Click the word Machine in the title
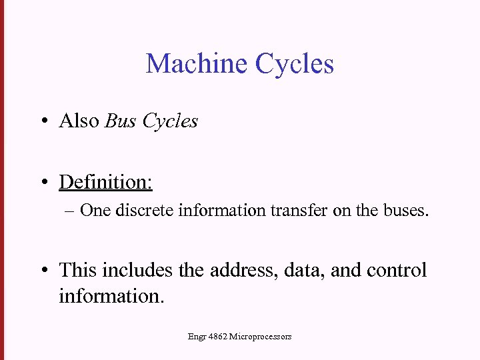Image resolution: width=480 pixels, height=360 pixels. [x=197, y=64]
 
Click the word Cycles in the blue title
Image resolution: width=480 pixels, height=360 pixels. [x=294, y=64]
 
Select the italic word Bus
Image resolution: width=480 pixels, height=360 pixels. [x=121, y=121]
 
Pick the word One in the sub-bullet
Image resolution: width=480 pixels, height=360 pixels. [x=95, y=211]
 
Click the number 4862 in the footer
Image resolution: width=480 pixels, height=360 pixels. [x=217, y=337]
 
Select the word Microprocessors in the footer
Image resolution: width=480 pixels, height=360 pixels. [x=260, y=337]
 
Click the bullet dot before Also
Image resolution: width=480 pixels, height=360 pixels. [x=43, y=122]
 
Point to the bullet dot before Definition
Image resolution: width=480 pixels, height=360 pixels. [x=43, y=183]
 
